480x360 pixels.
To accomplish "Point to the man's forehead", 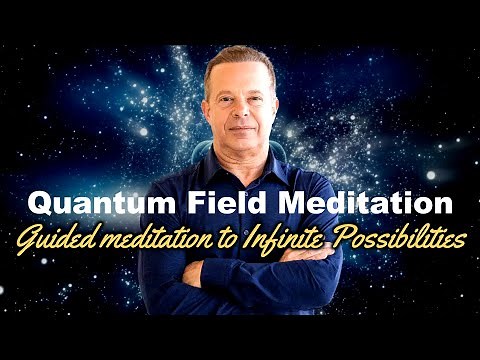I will coord(240,76).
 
